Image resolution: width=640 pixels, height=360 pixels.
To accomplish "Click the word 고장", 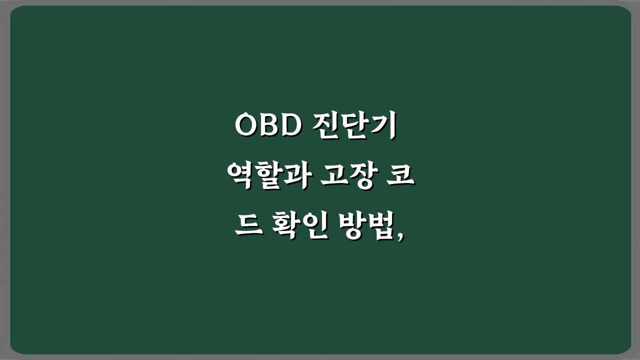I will point(345,178).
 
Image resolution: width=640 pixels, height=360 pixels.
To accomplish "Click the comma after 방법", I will point(400,238).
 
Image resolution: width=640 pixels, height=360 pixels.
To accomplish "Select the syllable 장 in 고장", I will point(359,178).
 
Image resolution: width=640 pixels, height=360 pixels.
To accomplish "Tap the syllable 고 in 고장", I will point(330,178).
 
